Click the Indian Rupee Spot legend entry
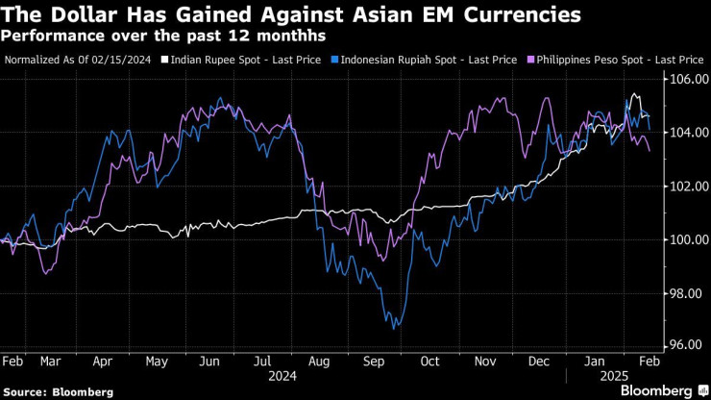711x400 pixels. click(222, 60)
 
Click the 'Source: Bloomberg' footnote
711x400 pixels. click(58, 391)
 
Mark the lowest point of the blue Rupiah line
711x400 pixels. click(393, 328)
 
